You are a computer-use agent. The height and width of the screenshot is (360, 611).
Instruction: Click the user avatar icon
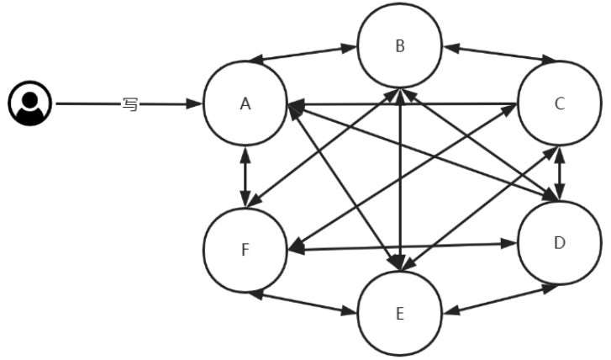point(30,103)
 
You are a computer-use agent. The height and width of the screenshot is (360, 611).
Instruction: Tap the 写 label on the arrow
point(129,104)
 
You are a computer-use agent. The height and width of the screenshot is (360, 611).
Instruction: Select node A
point(245,104)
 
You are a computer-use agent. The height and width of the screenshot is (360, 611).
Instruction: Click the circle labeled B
point(400,46)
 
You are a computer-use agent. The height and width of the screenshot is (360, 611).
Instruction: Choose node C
point(559,104)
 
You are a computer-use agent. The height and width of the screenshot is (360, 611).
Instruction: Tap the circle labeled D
point(559,243)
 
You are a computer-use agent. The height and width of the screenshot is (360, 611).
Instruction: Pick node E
point(400,314)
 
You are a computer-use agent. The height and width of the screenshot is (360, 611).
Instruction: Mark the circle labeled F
point(245,249)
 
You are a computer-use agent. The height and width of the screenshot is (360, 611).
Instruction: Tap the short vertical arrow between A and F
point(245,177)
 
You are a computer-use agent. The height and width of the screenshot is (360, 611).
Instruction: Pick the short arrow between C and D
point(561,173)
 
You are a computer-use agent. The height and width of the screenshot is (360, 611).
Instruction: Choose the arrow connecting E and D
point(501,299)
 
